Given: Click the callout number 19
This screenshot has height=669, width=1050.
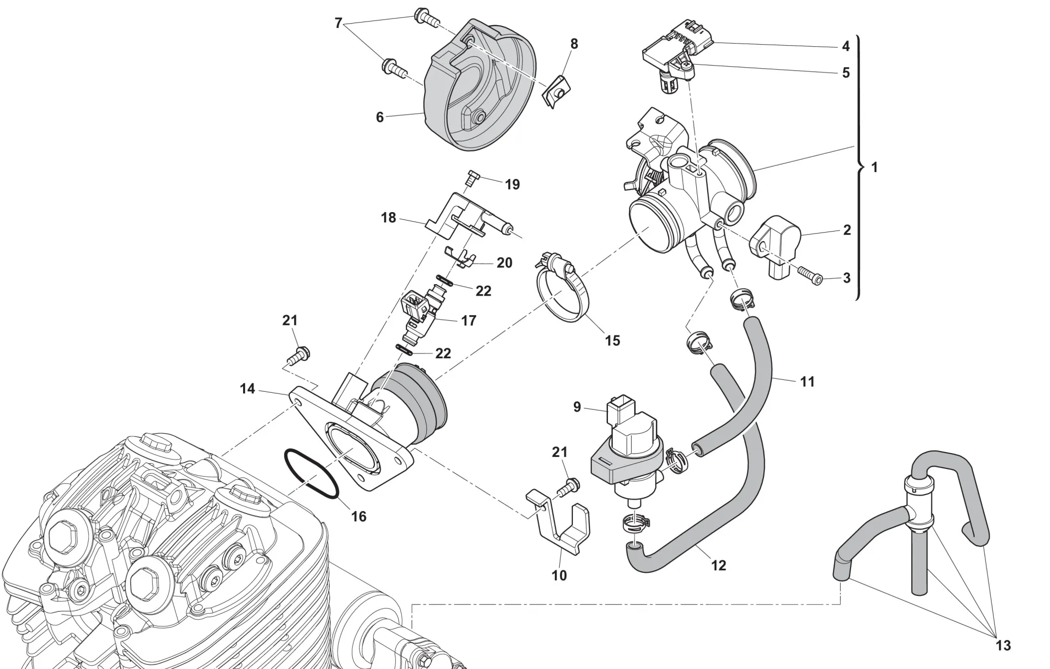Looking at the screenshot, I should coord(512,184).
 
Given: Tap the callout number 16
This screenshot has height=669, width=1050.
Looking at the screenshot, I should coord(359,517).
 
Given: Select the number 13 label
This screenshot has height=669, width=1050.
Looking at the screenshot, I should coord(1003,645).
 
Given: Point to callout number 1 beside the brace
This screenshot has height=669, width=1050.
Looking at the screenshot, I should coord(874,168).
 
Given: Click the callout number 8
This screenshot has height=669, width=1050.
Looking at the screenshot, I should coord(574,44).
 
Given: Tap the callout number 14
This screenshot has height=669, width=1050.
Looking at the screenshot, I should coord(247,389).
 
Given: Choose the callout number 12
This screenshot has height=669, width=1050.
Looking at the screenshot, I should coord(718,565).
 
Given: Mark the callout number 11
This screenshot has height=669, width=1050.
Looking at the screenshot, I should coord(807,382).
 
